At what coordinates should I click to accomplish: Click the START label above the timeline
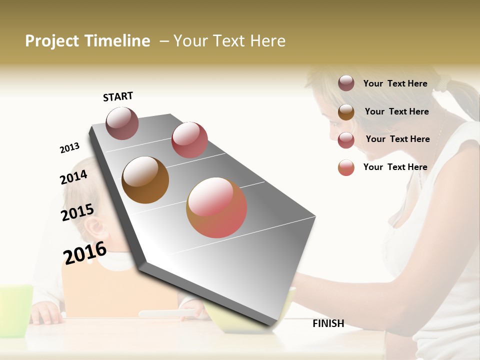click(x=118, y=96)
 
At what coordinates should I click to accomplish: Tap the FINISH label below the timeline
click(x=328, y=323)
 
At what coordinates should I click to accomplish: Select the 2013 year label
click(x=69, y=148)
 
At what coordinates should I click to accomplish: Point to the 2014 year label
click(x=73, y=177)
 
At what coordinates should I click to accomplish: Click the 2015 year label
click(x=77, y=212)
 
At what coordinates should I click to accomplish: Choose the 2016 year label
click(x=85, y=252)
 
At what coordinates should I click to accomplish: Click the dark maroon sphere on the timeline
click(x=122, y=123)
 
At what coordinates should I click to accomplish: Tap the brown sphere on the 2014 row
click(x=145, y=180)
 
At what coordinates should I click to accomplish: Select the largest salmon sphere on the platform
click(x=216, y=207)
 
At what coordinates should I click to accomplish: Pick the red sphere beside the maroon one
click(x=189, y=139)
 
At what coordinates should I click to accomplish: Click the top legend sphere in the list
click(x=346, y=83)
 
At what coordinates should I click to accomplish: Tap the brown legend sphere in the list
click(x=346, y=112)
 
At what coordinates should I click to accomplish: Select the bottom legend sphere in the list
click(x=346, y=168)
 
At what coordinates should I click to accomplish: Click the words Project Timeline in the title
click(x=87, y=41)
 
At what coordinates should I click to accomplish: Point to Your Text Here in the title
click(x=229, y=41)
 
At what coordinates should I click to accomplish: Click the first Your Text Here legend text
click(x=395, y=83)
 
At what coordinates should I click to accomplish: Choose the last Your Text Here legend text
click(x=395, y=167)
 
